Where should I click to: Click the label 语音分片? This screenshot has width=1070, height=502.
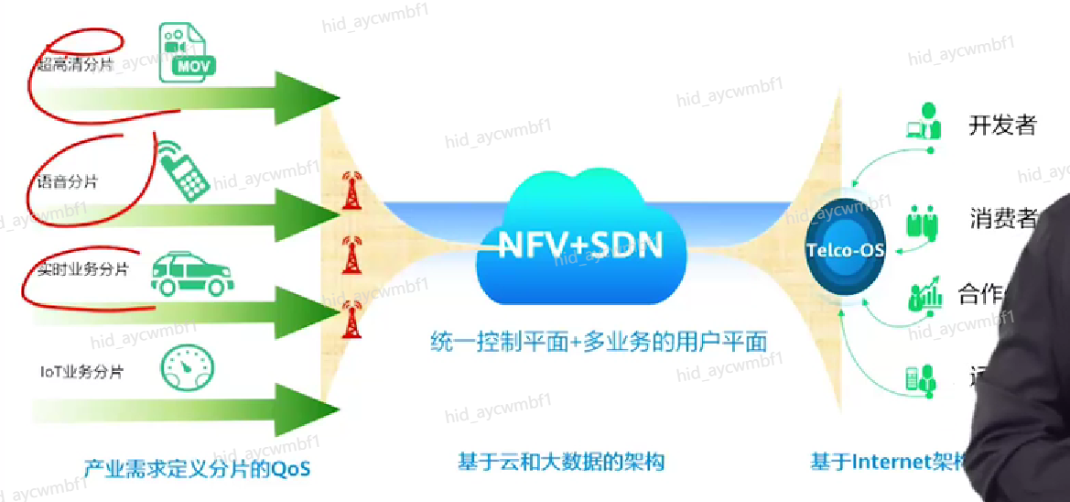pos(67,181)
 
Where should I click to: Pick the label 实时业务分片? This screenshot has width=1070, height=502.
pos(82,270)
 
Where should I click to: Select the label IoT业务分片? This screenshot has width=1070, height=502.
pos(81,372)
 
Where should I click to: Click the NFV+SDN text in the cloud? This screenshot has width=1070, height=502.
pos(580,246)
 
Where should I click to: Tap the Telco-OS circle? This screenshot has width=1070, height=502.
pos(845,248)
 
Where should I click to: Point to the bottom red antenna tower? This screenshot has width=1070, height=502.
pos(350,318)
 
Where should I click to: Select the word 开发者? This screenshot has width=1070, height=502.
pos(1002,125)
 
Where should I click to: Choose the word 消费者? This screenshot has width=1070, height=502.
pos(1003,219)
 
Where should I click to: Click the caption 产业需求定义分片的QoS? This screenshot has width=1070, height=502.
pos(198,469)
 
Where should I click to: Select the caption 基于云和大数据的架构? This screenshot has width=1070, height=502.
pos(561,463)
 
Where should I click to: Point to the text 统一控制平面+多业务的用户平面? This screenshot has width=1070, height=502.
pos(599,342)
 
